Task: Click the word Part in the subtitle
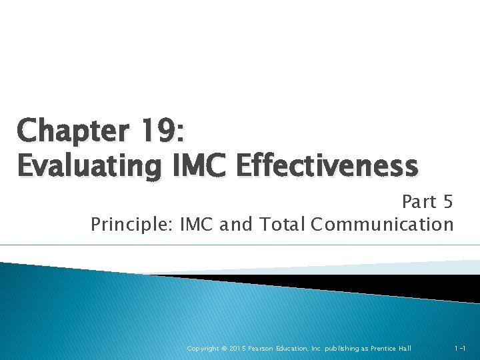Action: [419, 201]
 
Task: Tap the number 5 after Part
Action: [447, 201]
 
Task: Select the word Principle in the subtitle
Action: [130, 225]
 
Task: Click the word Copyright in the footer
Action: [203, 349]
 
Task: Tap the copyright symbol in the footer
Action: [225, 349]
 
